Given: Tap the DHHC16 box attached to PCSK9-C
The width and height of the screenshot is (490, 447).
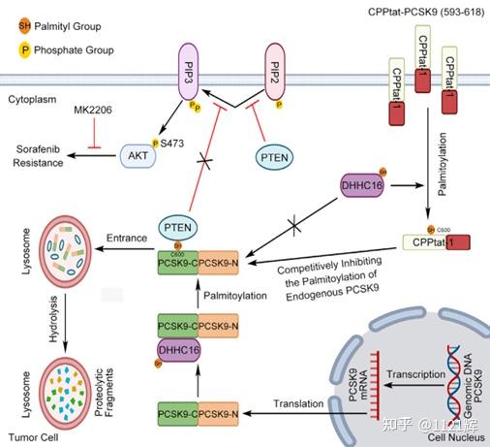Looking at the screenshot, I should click(177, 352).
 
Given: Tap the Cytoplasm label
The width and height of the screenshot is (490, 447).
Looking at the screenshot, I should click(34, 99).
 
